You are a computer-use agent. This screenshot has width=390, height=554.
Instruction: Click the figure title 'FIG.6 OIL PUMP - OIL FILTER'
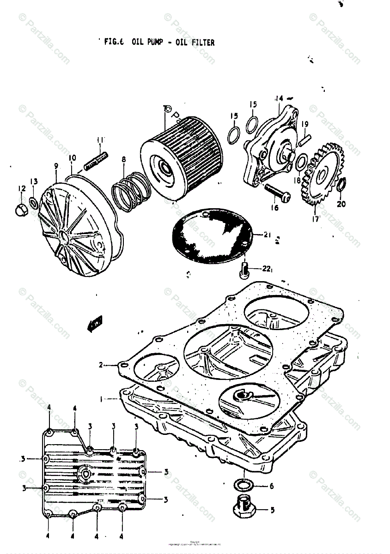pyautogui.click(x=159, y=42)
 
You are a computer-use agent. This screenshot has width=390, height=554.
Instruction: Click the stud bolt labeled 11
pyautogui.click(x=96, y=160)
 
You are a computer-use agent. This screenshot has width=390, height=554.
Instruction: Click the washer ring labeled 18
pyautogui.click(x=299, y=162)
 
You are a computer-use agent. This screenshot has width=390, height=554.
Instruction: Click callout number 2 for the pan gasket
pyautogui.click(x=100, y=365)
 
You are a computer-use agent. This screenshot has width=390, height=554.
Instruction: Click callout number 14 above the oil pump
pyautogui.click(x=279, y=98)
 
